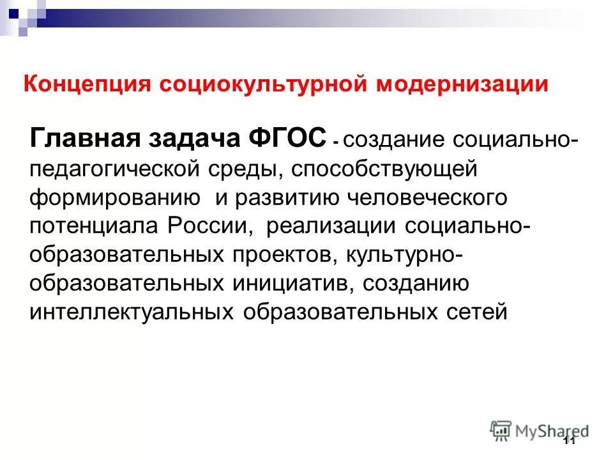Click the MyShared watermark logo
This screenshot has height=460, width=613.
click(x=540, y=430)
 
